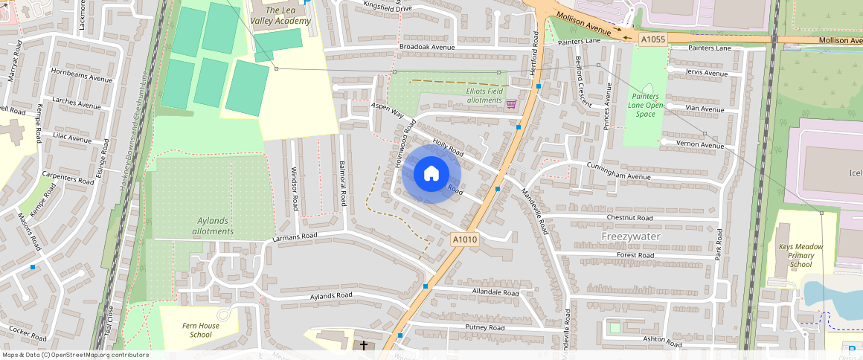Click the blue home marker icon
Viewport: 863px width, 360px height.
click(431, 174)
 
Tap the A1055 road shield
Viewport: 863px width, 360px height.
click(652, 39)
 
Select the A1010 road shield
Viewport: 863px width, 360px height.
click(464, 240)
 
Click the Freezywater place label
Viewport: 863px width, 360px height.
click(631, 236)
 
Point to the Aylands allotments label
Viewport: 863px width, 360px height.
click(205, 226)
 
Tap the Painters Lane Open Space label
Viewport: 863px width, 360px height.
click(645, 105)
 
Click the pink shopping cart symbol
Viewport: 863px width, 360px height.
click(511, 104)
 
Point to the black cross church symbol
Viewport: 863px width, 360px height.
click(364, 346)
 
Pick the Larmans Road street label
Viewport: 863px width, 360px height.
click(295, 237)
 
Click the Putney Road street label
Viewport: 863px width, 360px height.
click(485, 327)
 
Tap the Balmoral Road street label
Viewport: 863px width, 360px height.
click(343, 183)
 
